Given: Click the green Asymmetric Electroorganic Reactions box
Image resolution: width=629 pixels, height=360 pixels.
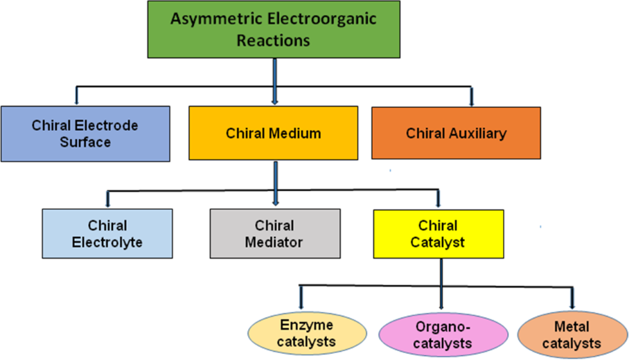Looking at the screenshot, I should [x=274, y=29].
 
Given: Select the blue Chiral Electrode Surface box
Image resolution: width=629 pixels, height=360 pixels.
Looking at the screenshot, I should [x=85, y=134].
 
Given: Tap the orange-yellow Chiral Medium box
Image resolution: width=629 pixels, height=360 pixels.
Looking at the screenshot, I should [x=274, y=133].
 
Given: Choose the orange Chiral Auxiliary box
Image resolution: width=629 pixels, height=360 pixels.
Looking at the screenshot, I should [x=456, y=133].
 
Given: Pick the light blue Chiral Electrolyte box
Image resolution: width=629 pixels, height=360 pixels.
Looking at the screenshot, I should [x=107, y=234].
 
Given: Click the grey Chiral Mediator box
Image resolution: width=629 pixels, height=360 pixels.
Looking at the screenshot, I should [x=274, y=234].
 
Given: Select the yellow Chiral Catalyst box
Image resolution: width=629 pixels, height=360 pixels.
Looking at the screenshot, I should [x=437, y=234].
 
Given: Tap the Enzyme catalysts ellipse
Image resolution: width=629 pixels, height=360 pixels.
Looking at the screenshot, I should [x=306, y=333].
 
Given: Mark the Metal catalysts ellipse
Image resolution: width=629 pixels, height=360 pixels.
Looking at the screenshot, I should [x=572, y=334].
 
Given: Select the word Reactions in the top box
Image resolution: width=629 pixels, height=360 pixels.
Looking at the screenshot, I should [x=274, y=40].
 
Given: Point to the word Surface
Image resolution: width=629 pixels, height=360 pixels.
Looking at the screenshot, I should [x=85, y=143].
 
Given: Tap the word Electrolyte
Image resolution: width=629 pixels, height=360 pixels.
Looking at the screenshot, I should [x=107, y=243].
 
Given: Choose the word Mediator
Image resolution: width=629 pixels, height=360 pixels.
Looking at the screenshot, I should [x=274, y=243].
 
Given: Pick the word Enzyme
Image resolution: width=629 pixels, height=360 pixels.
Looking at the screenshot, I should [x=306, y=324].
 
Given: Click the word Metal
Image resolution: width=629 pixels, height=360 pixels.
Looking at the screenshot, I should [x=572, y=325].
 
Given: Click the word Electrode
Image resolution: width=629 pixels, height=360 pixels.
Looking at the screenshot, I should [x=107, y=125].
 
